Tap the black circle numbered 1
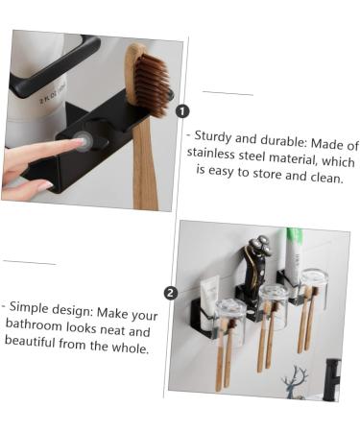pyautogui.click(x=183, y=111)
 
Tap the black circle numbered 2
pyautogui.click(x=171, y=293)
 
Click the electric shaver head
pyautogui.click(x=256, y=257)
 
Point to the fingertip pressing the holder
pyautogui.click(x=79, y=143)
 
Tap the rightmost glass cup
pyautogui.click(x=313, y=284)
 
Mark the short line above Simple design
pyautogui.click(x=29, y=262)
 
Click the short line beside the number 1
pyautogui.click(x=228, y=94)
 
